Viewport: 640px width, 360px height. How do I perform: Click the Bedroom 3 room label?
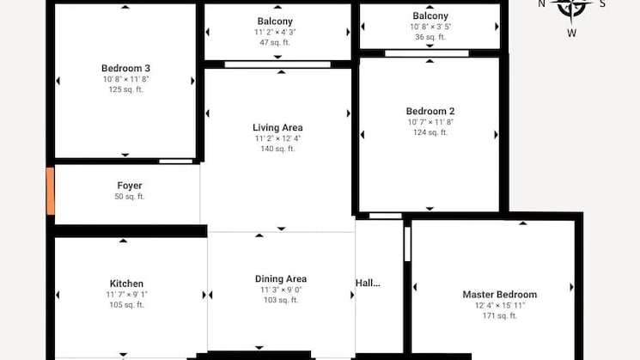pos(125,68)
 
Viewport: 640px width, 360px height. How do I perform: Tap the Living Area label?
pos(277,127)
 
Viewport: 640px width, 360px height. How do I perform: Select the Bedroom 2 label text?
pos(430,111)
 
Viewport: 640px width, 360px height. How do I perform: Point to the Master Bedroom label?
pos(499,294)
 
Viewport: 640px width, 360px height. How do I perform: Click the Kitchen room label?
pos(126,284)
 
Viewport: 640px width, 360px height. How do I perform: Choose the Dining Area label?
pos(280,278)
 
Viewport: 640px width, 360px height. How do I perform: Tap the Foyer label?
pos(130,186)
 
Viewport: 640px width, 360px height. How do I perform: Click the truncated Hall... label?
pos(368,282)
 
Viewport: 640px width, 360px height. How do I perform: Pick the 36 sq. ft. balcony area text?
pos(430,37)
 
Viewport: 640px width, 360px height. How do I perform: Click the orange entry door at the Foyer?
pos(50,191)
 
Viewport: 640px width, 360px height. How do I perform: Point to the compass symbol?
pos(571,7)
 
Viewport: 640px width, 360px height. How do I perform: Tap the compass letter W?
pos(571,34)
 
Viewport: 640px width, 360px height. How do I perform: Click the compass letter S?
pos(602,3)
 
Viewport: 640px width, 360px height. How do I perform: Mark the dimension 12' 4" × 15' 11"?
pos(499,305)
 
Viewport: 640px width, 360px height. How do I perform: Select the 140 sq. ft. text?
pos(277,149)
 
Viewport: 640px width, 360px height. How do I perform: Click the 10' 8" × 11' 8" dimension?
pos(125,79)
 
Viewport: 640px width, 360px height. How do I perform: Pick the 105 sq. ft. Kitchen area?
pos(126,305)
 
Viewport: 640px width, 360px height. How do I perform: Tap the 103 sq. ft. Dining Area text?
pos(280,300)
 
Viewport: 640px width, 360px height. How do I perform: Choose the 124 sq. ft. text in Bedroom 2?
pos(430,132)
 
